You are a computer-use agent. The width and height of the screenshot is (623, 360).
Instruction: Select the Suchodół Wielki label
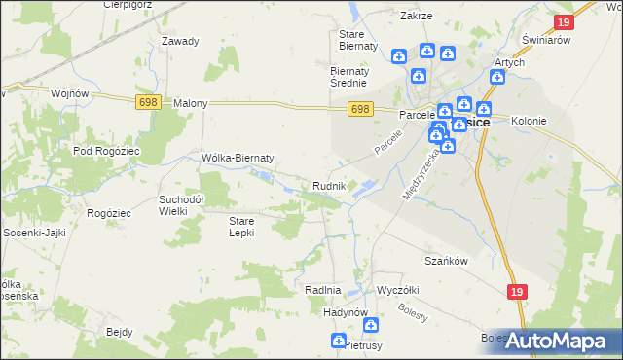[x=181, y=204]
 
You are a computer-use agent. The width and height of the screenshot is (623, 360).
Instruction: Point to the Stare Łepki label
[x=241, y=227]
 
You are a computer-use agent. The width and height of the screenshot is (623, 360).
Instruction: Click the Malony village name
[x=191, y=102]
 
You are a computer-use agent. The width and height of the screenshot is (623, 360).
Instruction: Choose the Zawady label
[x=181, y=41]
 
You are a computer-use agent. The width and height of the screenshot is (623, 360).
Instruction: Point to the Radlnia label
[x=322, y=290]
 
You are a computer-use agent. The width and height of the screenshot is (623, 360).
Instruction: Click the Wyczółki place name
[x=397, y=290]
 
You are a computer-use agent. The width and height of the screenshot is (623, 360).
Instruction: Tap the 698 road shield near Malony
[x=147, y=102]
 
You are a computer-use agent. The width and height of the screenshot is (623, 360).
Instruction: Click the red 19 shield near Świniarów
[x=564, y=22]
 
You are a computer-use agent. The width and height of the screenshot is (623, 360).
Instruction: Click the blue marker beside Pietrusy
[x=338, y=341]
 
